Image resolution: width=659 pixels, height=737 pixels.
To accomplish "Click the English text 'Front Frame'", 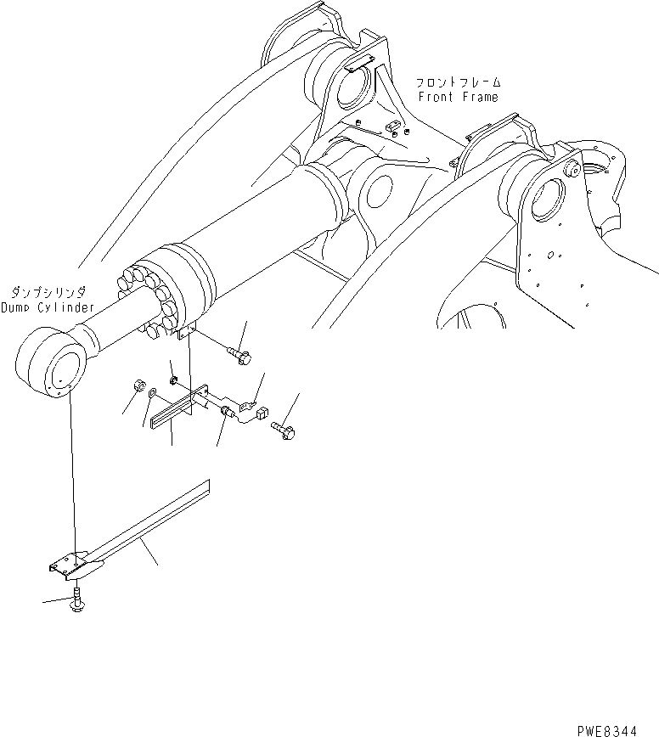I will click(458, 97).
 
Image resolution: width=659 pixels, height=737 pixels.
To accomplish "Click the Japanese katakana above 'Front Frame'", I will click(458, 83).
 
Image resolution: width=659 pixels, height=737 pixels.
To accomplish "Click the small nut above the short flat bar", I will click(172, 379).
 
